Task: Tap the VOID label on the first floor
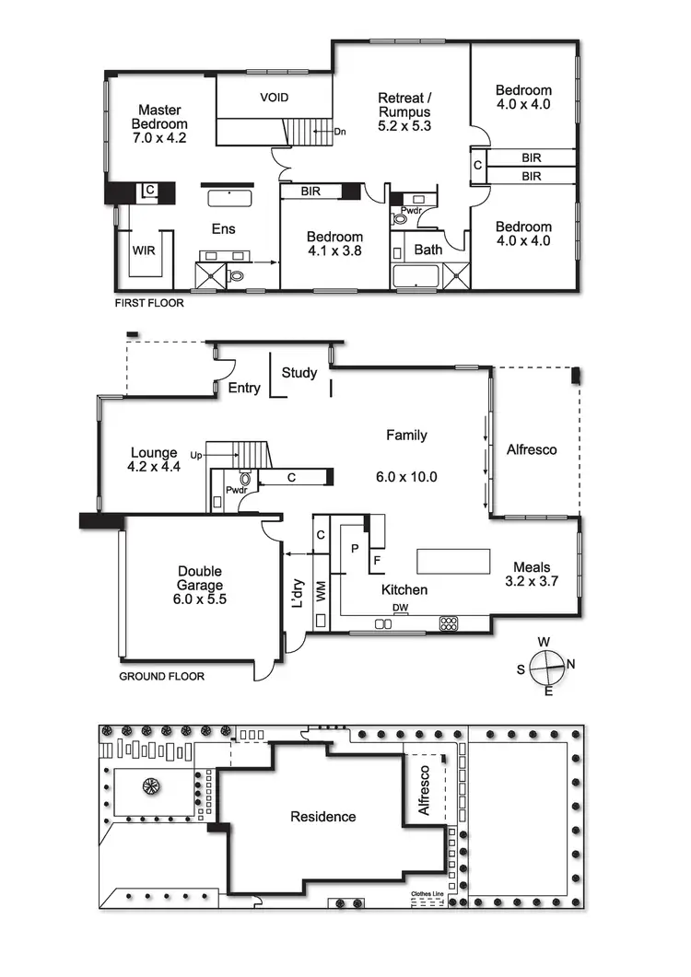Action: click(x=274, y=98)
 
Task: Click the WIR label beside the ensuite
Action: click(x=144, y=250)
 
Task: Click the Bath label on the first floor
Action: click(x=427, y=249)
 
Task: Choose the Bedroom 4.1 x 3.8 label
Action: click(x=334, y=244)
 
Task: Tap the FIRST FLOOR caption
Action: click(x=148, y=303)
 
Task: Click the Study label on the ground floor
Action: click(x=299, y=373)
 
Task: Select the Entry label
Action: click(x=244, y=388)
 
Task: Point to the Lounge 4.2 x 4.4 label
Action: click(x=154, y=459)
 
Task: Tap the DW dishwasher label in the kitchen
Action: click(x=400, y=608)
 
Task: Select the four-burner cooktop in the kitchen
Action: click(x=450, y=623)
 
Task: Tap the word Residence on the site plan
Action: click(x=322, y=817)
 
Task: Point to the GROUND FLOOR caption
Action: click(x=161, y=676)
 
